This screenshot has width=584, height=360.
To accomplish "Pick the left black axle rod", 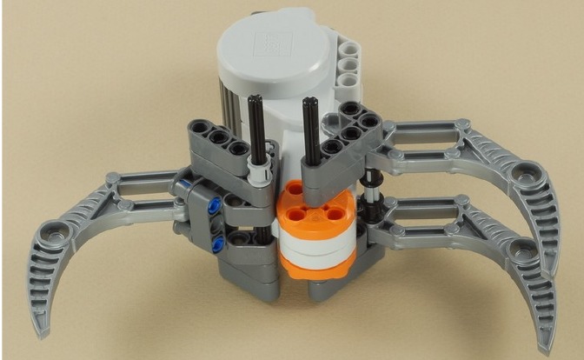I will click(255, 130).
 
